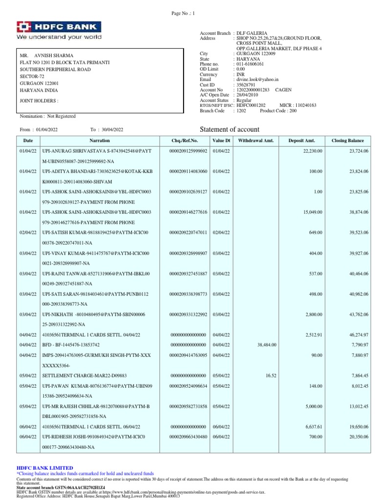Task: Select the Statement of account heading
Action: [x=230, y=129]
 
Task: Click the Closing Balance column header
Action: [x=347, y=141]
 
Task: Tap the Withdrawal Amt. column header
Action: [x=256, y=141]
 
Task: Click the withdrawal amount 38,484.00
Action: [x=267, y=345]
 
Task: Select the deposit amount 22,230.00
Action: [x=312, y=151]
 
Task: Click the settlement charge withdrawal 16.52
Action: [x=271, y=375]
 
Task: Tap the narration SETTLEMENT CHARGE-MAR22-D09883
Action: [x=84, y=375]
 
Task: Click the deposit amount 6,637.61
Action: [x=313, y=426]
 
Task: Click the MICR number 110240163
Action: [x=305, y=105]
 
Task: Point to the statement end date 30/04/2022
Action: [x=112, y=129]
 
